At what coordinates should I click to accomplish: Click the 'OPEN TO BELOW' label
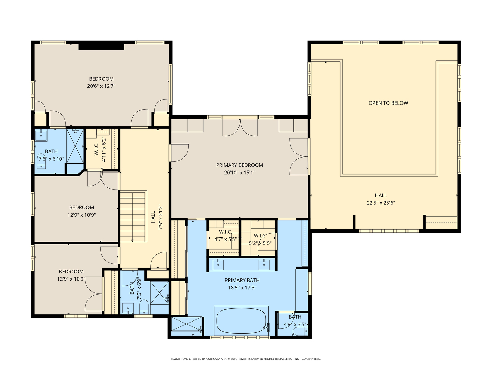pyautogui.click(x=388, y=103)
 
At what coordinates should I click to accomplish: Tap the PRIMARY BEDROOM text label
pyautogui.click(x=240, y=165)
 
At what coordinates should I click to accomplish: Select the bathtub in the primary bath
pyautogui.click(x=241, y=321)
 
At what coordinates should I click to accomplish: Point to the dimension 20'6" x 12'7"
pyautogui.click(x=101, y=86)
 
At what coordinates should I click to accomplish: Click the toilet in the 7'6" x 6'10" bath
pyautogui.click(x=42, y=162)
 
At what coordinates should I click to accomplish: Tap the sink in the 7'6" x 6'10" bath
pyautogui.click(x=41, y=135)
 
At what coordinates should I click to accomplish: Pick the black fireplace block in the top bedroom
pyautogui.click(x=101, y=47)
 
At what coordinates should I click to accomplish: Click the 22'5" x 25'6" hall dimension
pyautogui.click(x=381, y=203)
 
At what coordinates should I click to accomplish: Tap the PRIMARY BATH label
pyautogui.click(x=242, y=281)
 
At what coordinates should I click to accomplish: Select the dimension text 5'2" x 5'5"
pyautogui.click(x=260, y=244)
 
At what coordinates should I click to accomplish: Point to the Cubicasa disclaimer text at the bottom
pyautogui.click(x=246, y=359)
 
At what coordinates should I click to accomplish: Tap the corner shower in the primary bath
pyautogui.click(x=186, y=326)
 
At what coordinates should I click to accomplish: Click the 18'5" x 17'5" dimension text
pyautogui.click(x=242, y=288)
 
